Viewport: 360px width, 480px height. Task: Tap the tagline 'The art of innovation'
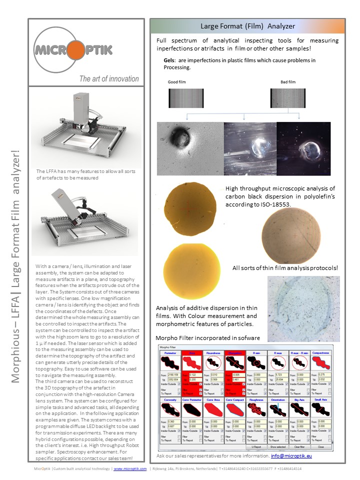pyautogui.click(x=109, y=78)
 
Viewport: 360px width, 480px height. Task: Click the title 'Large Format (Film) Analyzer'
pyautogui.click(x=247, y=26)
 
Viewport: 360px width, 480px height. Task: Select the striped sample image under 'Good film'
pyautogui.click(x=183, y=98)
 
